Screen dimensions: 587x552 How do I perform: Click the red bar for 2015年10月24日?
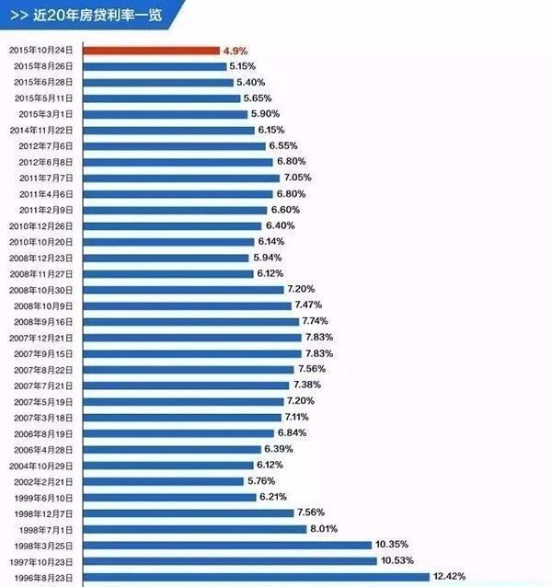[x=152, y=50]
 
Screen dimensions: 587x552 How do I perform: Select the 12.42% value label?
[x=449, y=577]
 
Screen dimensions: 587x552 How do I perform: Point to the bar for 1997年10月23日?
[x=230, y=560]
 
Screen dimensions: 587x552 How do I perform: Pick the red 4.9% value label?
[x=235, y=50]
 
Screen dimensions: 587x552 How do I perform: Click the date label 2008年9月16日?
[x=47, y=321]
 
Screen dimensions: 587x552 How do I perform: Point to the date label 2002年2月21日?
[x=47, y=481]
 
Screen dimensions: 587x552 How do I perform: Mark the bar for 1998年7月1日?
[x=195, y=529]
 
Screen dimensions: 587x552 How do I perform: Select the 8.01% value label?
[x=325, y=529]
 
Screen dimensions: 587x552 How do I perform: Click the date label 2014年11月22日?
[x=46, y=130]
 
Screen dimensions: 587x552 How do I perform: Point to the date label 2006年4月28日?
[x=47, y=449]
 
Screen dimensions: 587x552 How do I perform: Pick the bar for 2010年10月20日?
[x=169, y=241]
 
